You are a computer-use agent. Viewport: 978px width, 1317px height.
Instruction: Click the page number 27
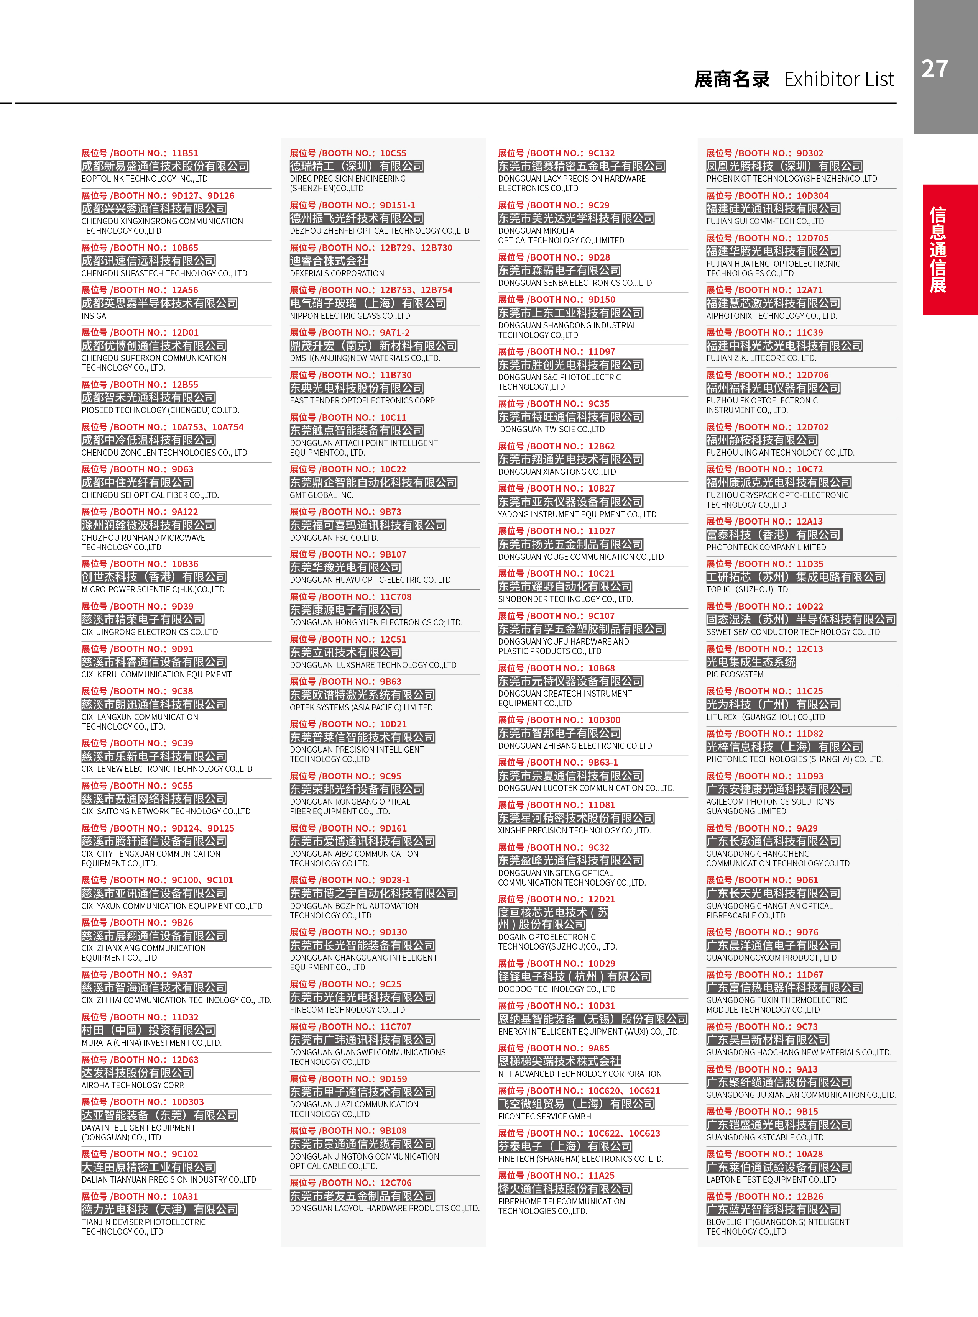click(x=934, y=69)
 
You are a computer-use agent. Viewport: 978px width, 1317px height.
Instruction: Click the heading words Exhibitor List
click(x=838, y=79)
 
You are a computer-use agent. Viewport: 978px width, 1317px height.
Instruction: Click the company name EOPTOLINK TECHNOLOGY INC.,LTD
click(x=145, y=179)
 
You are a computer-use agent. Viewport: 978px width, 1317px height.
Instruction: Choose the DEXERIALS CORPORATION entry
click(x=337, y=273)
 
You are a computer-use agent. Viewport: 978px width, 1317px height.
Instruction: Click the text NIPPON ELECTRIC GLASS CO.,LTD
click(x=350, y=316)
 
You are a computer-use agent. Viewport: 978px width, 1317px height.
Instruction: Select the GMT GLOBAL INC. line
click(x=321, y=495)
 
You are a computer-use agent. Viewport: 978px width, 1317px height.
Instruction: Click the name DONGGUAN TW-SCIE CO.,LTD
click(x=552, y=430)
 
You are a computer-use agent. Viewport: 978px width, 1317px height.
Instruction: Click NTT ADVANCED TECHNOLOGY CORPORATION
click(x=580, y=1074)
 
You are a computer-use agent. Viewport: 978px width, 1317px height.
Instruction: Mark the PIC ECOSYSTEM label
click(x=735, y=674)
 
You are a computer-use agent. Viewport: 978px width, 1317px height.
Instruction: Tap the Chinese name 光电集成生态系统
click(x=751, y=662)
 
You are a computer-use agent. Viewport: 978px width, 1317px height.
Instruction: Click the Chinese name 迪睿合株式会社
click(x=329, y=261)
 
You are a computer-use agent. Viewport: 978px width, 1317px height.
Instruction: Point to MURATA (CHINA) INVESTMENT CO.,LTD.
click(x=151, y=1043)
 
